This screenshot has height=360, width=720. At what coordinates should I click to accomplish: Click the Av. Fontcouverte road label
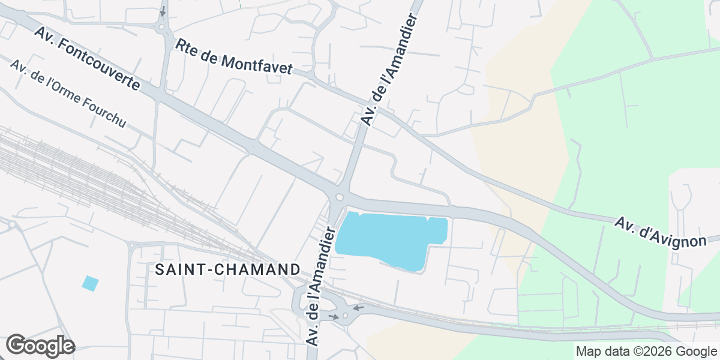pos(87,58)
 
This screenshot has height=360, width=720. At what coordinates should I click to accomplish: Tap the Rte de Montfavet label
pos(233,58)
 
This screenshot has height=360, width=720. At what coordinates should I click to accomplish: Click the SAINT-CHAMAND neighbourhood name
pos(227,269)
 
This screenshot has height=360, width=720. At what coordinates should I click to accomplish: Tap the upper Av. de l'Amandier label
pos(388,71)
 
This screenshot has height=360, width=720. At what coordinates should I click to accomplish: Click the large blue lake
pos(390,239)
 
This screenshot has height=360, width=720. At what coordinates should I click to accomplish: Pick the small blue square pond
pos(91,283)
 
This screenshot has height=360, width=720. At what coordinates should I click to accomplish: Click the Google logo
pos(40,346)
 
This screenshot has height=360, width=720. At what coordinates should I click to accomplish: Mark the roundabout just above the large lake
pos(340,197)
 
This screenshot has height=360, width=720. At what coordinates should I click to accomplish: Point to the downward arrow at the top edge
pos(162,11)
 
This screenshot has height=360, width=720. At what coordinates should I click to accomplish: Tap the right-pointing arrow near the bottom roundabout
pos(333,316)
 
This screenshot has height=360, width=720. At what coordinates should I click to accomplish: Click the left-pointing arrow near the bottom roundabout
pos(358,308)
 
